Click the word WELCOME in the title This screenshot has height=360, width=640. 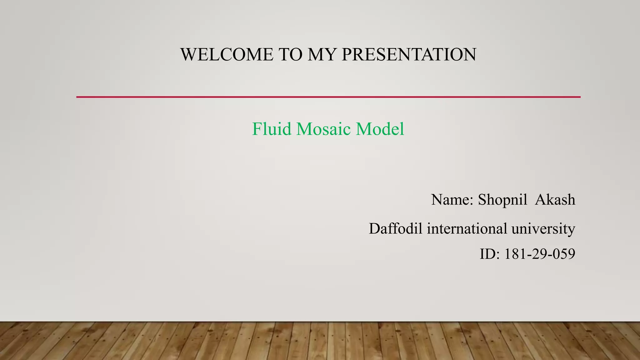coord(227,54)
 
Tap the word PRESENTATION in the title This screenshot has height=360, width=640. coord(409,54)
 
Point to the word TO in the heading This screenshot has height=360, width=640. coord(290,54)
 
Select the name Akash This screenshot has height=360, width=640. coord(555,200)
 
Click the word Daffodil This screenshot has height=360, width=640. coord(396,228)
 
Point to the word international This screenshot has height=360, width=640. coord(467,228)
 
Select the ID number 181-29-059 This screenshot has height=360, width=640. coord(540,254)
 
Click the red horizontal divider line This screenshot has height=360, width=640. coord(328,97)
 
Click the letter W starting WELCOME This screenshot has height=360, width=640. coord(188,54)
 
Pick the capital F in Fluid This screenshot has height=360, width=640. coord(257,129)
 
